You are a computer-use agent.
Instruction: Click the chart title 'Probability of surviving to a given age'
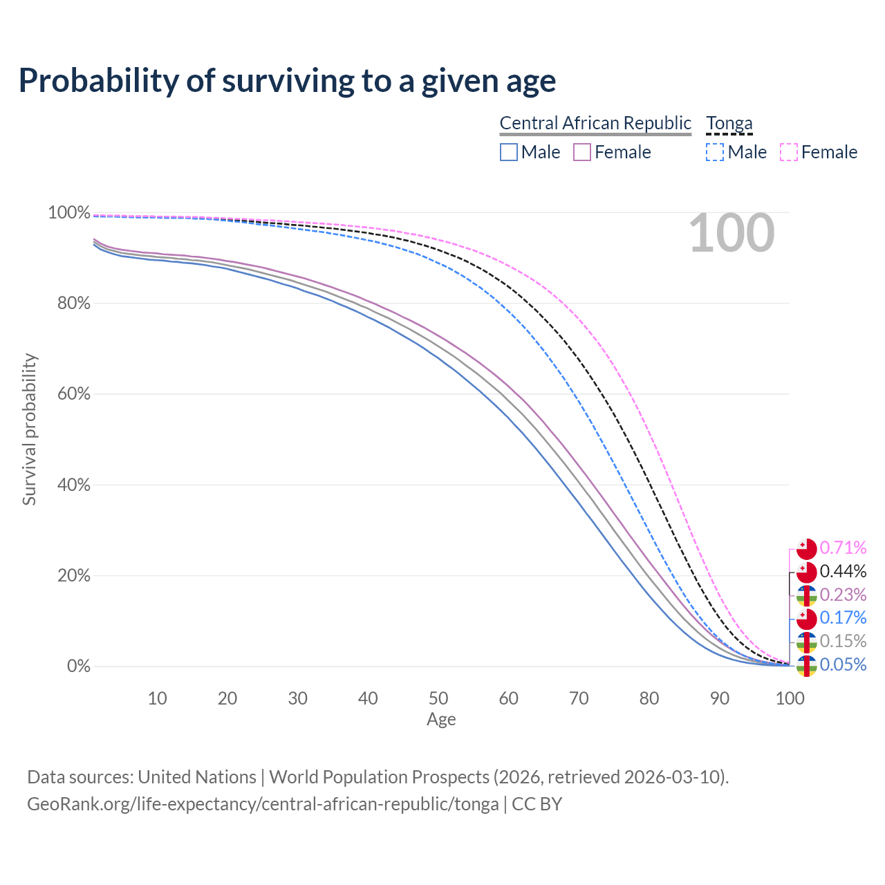tap(287, 81)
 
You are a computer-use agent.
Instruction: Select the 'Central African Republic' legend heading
tap(595, 123)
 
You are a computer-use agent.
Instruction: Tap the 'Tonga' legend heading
tap(729, 123)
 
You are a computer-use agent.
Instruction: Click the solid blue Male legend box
tap(509, 152)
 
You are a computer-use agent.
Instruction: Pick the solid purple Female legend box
tap(582, 152)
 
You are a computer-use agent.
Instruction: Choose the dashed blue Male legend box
tap(715, 152)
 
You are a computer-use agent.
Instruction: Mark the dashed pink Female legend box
tap(789, 152)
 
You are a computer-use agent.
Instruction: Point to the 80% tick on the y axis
tap(69, 303)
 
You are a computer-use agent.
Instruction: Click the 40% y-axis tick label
tap(69, 485)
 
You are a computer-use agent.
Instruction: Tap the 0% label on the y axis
tap(78, 667)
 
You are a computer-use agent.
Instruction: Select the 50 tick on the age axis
tap(438, 698)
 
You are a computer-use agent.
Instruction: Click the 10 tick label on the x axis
tap(157, 698)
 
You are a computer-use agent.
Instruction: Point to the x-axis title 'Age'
tap(441, 720)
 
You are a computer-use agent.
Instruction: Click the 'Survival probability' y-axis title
tap(29, 429)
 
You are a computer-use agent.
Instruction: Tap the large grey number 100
tap(732, 234)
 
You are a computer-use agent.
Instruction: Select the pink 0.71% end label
tap(843, 548)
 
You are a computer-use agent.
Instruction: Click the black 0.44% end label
tap(843, 572)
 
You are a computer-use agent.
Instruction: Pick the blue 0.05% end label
tap(843, 665)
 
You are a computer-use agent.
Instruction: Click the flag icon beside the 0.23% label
tap(807, 595)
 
